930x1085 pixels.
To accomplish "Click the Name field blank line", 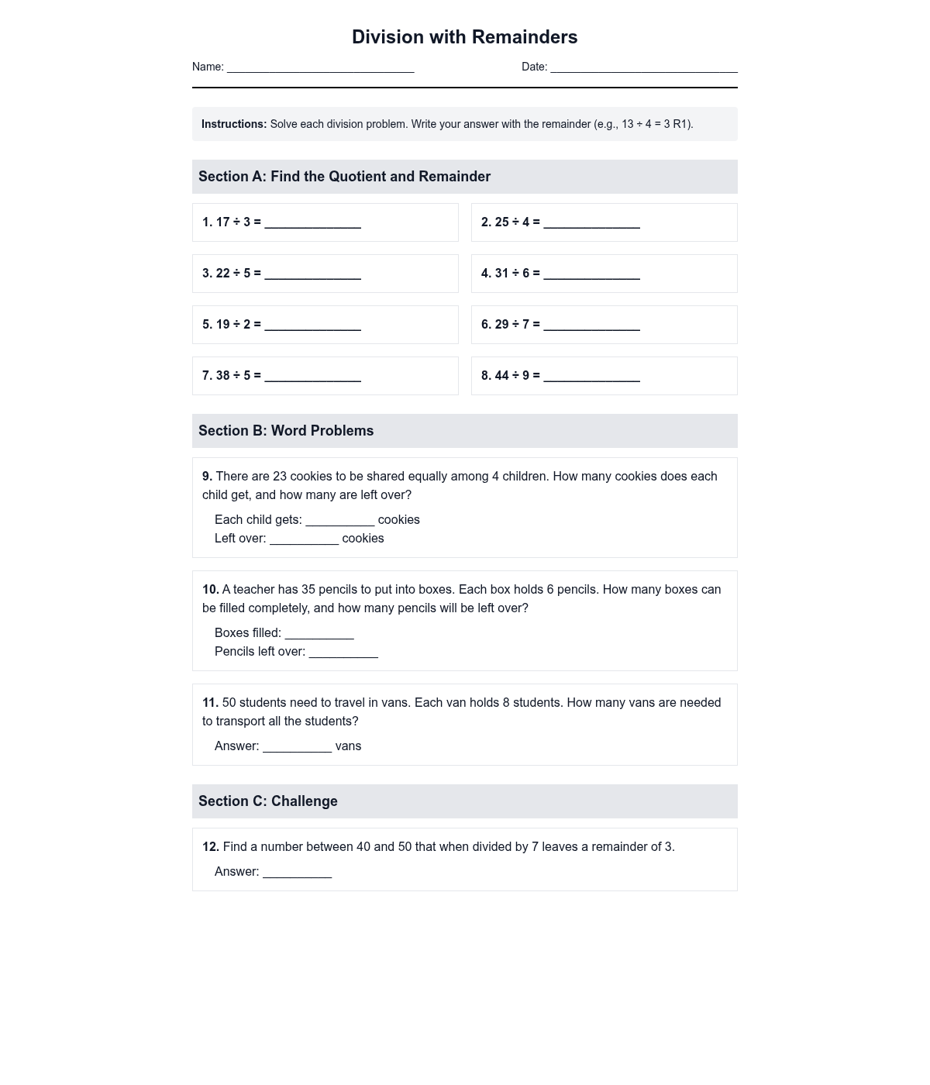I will point(320,68).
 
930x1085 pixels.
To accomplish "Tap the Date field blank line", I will point(644,68).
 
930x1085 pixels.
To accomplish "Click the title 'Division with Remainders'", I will point(464,37).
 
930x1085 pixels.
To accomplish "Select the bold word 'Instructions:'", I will point(234,124).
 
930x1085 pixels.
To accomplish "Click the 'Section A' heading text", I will point(344,177).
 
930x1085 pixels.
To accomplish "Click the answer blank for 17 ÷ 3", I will point(312,223).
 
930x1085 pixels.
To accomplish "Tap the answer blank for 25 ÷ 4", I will point(591,223).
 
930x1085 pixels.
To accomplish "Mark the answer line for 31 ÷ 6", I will point(591,274).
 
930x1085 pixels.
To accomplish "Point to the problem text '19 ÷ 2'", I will point(233,325).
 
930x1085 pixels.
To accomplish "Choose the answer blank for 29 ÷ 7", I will point(591,325).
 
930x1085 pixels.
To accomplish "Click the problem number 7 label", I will point(207,376).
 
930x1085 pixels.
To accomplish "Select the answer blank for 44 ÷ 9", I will point(591,377).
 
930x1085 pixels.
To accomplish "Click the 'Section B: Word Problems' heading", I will point(286,431).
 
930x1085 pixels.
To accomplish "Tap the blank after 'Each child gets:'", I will point(339,521).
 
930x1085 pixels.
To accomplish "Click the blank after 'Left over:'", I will point(304,539).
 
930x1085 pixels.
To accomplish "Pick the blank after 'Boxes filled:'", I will point(319,634).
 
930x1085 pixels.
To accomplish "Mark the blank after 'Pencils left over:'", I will point(343,653).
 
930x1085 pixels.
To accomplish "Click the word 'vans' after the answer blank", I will point(348,746).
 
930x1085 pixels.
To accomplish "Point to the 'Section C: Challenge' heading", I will point(268,801).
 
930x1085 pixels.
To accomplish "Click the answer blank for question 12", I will point(297,873).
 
